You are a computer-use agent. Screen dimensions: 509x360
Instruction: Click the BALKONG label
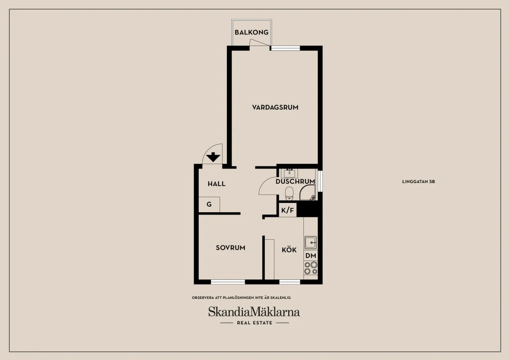252,33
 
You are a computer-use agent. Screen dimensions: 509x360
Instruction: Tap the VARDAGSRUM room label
275,107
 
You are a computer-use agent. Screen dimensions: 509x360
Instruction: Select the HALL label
217,184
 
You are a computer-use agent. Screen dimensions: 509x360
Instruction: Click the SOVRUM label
230,248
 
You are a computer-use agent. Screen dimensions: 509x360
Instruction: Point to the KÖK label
289,250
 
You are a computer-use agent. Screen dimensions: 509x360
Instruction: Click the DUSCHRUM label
295,181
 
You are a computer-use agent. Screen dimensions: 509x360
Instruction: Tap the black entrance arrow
213,157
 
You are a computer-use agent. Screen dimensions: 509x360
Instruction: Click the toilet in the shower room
289,194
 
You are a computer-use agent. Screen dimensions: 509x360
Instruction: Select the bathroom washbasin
289,173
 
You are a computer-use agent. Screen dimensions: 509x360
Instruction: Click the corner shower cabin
308,192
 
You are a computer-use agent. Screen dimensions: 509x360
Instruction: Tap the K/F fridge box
288,210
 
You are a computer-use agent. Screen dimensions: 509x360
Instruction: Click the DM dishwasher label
311,256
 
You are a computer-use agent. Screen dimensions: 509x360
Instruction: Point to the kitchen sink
310,243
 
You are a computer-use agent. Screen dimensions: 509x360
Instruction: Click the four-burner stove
311,268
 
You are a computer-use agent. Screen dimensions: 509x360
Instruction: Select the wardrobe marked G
209,204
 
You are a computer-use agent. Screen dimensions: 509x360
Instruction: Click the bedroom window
228,282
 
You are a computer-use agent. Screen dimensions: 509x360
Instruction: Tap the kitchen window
290,282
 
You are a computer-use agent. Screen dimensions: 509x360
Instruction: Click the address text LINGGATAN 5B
419,181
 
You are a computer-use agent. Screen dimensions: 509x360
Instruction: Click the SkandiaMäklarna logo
254,315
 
